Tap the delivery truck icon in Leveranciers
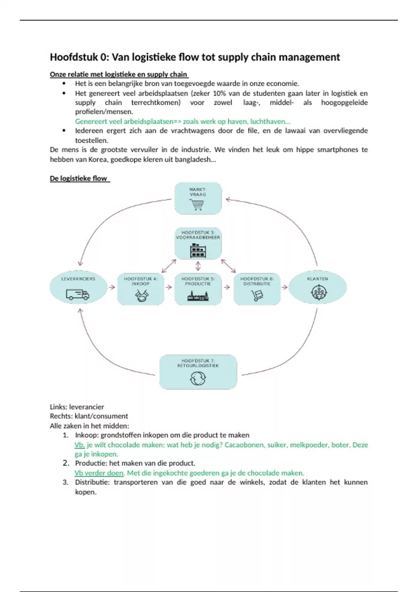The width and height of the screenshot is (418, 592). (x=78, y=295)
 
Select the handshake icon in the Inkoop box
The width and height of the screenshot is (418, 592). (x=141, y=296)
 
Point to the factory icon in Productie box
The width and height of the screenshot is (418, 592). (x=198, y=296)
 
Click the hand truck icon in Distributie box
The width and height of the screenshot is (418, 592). (x=257, y=296)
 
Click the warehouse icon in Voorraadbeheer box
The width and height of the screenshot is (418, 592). (x=198, y=251)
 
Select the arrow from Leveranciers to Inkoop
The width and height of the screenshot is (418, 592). (x=112, y=287)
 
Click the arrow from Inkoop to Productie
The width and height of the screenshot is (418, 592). (x=169, y=287)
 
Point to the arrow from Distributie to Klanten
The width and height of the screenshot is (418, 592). (x=285, y=287)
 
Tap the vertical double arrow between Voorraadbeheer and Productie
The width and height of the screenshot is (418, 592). (x=198, y=266)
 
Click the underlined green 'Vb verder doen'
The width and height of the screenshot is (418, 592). (x=99, y=473)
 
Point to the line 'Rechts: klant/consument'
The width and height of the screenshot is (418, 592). (x=89, y=416)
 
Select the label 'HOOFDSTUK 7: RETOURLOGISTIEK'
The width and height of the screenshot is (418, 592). (x=198, y=363)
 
